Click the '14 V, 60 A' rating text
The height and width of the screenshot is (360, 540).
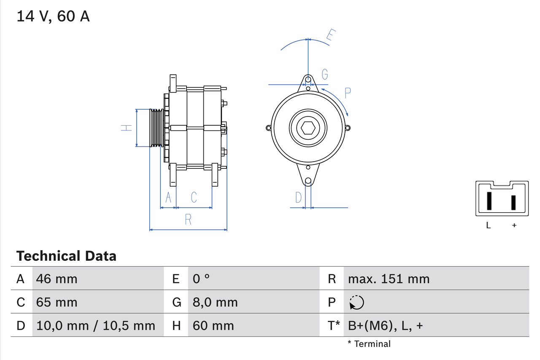click(53, 16)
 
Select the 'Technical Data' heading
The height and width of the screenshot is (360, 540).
click(66, 256)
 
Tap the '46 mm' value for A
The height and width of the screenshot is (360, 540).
click(57, 279)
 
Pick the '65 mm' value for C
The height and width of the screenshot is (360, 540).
click(57, 302)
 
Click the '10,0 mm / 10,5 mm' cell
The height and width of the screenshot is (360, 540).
click(96, 325)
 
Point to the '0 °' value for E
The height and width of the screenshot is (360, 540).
click(201, 279)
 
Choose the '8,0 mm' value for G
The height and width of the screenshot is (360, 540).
click(215, 302)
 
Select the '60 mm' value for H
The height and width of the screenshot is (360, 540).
click(213, 325)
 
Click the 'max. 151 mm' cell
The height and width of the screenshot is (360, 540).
click(389, 279)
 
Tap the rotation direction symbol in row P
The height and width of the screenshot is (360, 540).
click(356, 302)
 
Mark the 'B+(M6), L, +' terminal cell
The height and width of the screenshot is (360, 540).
click(385, 325)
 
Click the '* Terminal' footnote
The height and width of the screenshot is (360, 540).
click(369, 344)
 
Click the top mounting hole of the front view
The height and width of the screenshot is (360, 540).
click(308, 79)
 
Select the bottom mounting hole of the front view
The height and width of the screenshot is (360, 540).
click(308, 181)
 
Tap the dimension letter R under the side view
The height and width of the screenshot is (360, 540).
click(189, 219)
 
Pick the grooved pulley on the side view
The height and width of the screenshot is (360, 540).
click(157, 128)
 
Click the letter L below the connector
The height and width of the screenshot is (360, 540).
click(489, 225)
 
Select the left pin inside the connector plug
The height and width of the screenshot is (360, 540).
click(489, 201)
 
